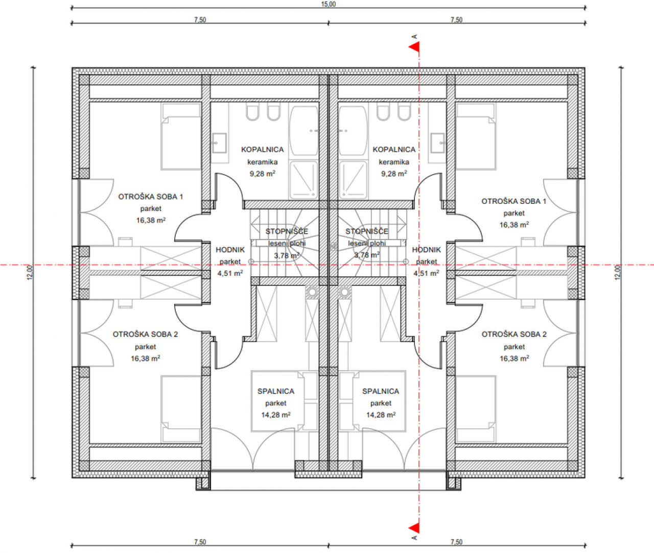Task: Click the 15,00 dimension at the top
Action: point(329,4)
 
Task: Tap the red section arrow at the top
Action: point(414,47)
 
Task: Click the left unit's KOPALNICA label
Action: point(262,150)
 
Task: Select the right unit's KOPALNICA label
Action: point(394,150)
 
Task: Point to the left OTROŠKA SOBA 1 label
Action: point(151,197)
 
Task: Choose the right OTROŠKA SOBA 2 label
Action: point(514,334)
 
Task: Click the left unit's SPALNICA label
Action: point(276,391)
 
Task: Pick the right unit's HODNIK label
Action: point(427,250)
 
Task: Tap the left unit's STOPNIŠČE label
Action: point(287,231)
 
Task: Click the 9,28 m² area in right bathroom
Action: point(394,174)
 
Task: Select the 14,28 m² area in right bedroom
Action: point(381,415)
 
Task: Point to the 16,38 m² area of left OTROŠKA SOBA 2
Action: point(146,358)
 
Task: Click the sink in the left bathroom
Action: point(219,143)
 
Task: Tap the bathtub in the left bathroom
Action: point(303,131)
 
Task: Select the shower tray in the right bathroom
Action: point(353,180)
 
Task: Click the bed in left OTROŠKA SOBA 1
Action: point(181,136)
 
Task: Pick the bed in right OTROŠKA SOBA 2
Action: point(476,410)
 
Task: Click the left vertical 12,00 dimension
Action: point(30,273)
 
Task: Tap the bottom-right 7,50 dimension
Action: point(457,542)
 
